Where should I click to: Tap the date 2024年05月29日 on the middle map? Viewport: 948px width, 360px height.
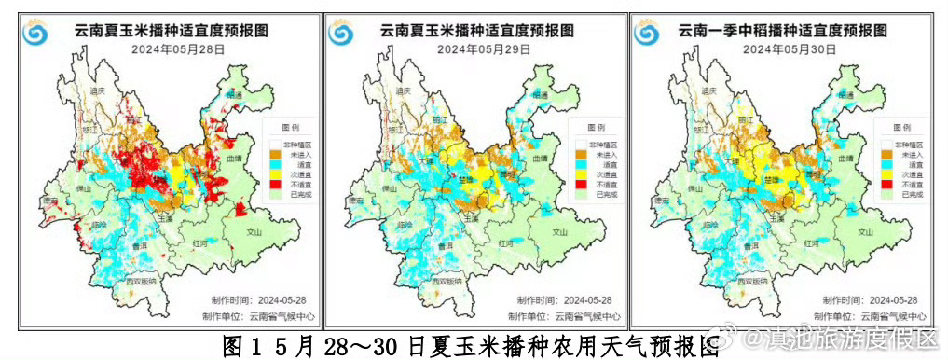[483, 49]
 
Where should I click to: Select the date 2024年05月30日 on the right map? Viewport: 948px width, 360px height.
[790, 49]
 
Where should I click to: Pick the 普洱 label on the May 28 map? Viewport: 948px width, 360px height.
[142, 245]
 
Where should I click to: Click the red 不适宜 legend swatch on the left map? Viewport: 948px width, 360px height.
[275, 185]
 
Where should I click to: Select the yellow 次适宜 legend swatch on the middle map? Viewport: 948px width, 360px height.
[581, 174]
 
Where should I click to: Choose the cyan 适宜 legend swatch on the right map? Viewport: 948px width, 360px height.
[886, 164]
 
